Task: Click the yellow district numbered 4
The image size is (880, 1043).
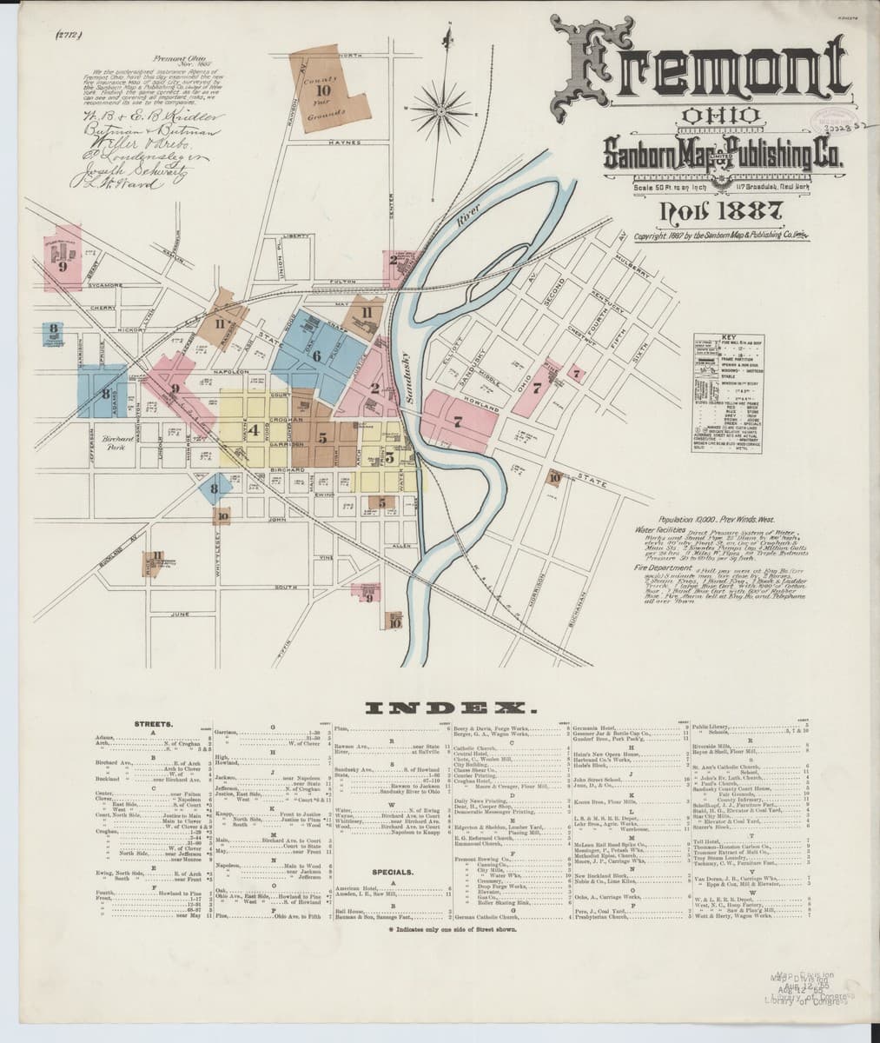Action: [x=254, y=429]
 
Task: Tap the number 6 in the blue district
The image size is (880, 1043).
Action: [x=317, y=355]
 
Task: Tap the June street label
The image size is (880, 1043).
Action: [x=181, y=614]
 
